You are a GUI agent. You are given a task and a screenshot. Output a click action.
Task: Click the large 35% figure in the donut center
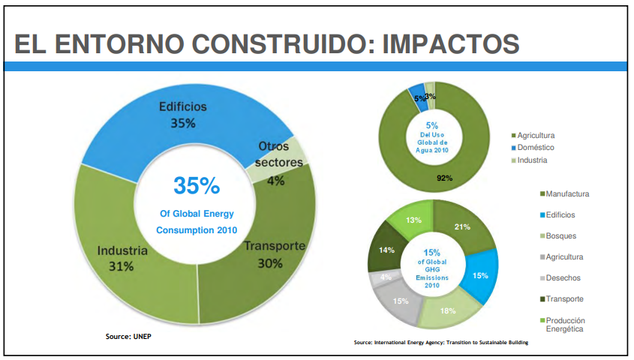pyautogui.click(x=197, y=185)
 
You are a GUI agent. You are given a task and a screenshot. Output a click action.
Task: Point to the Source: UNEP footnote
pyautogui.click(x=128, y=336)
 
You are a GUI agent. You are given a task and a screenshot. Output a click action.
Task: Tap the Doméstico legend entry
pyautogui.click(x=535, y=148)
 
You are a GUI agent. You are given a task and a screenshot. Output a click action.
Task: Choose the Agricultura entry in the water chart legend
pyautogui.click(x=536, y=135)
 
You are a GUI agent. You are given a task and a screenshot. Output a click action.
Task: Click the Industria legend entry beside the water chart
pyautogui.click(x=532, y=160)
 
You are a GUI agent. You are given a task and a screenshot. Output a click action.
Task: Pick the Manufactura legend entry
pyautogui.click(x=567, y=194)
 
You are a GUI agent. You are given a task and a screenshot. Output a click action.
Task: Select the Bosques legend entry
pyautogui.click(x=561, y=236)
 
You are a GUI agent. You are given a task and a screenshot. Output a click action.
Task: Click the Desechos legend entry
pyautogui.click(x=563, y=278)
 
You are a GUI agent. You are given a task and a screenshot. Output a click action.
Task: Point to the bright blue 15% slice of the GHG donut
pyautogui.click(x=481, y=275)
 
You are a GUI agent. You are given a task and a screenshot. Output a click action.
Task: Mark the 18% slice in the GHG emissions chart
pyautogui.click(x=448, y=310)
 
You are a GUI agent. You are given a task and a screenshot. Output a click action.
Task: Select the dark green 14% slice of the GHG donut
pyautogui.click(x=386, y=251)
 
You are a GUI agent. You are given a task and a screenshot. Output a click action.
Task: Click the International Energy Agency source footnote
pyautogui.click(x=441, y=343)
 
